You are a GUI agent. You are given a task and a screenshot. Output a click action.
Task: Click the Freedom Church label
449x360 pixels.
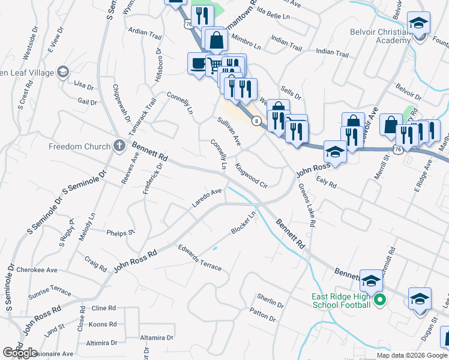click(x=79, y=146)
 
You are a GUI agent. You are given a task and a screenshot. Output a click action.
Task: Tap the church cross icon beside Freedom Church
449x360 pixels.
click(x=119, y=146)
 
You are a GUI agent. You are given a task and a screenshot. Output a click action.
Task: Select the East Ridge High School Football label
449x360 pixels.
click(x=340, y=301)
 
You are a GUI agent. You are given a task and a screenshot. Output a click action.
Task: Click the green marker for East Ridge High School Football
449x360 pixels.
click(x=379, y=300)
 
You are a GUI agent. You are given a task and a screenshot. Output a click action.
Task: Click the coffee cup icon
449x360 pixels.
click(x=197, y=63)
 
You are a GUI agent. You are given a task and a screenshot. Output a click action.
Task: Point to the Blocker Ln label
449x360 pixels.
click(x=244, y=223)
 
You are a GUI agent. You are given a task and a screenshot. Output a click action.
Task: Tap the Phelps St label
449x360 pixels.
click(x=120, y=233)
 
